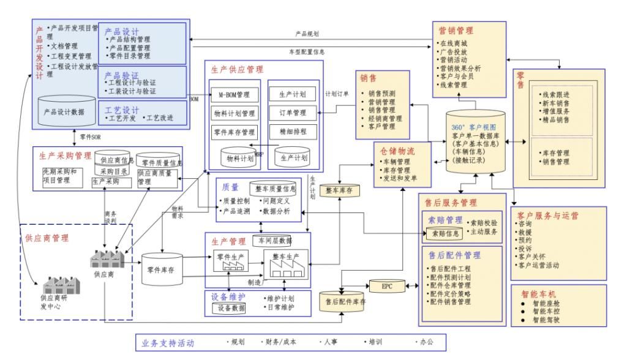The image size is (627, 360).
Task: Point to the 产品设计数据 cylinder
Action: point(64,112)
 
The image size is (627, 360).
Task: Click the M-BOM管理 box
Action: point(232,95)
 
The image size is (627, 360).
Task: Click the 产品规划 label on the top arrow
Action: point(307,34)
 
